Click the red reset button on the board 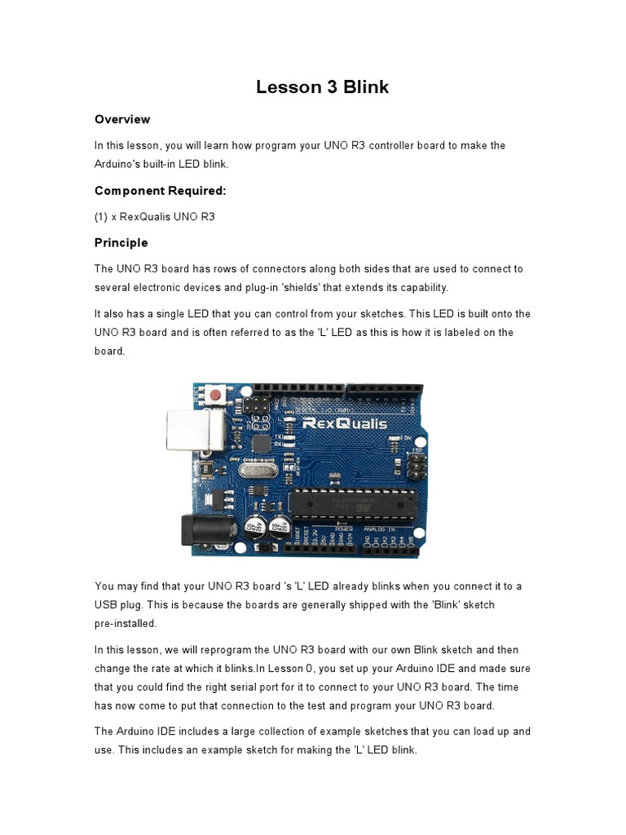[x=215, y=395]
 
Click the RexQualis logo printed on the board [x=342, y=422]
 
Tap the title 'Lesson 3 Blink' [x=322, y=87]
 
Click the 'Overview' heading [x=122, y=119]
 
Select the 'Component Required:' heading [x=160, y=191]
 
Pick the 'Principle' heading [x=121, y=242]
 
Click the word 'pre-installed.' [x=126, y=624]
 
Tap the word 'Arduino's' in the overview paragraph [x=123, y=164]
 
